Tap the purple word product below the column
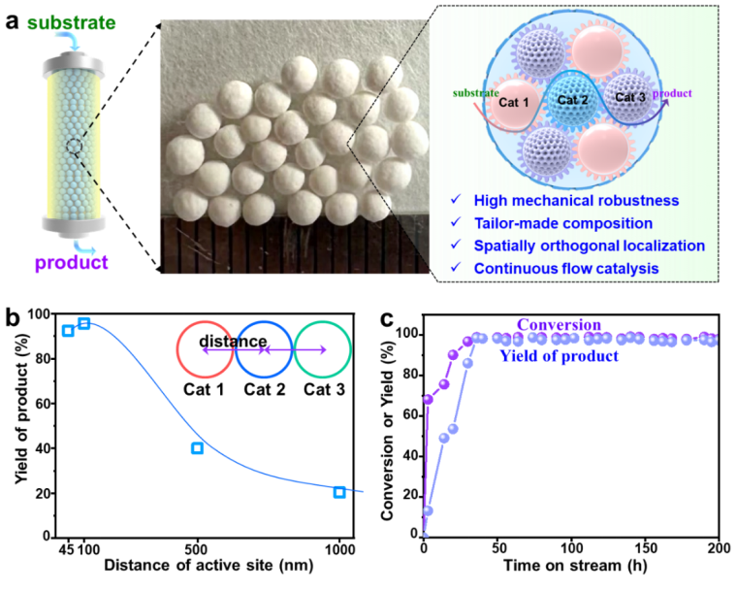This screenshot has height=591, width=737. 71,262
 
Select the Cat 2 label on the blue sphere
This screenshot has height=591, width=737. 572,99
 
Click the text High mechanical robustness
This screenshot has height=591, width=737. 576,201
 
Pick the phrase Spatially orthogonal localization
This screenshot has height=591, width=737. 589,246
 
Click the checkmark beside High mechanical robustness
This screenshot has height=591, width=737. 456,200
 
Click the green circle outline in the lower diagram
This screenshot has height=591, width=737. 323,348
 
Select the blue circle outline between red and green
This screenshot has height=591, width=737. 264,348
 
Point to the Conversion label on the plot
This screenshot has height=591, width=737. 559,325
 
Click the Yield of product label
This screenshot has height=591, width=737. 559,356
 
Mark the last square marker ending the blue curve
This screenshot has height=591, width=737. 339,492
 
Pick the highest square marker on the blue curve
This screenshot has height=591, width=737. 83,323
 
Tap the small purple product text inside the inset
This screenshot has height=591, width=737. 673,94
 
